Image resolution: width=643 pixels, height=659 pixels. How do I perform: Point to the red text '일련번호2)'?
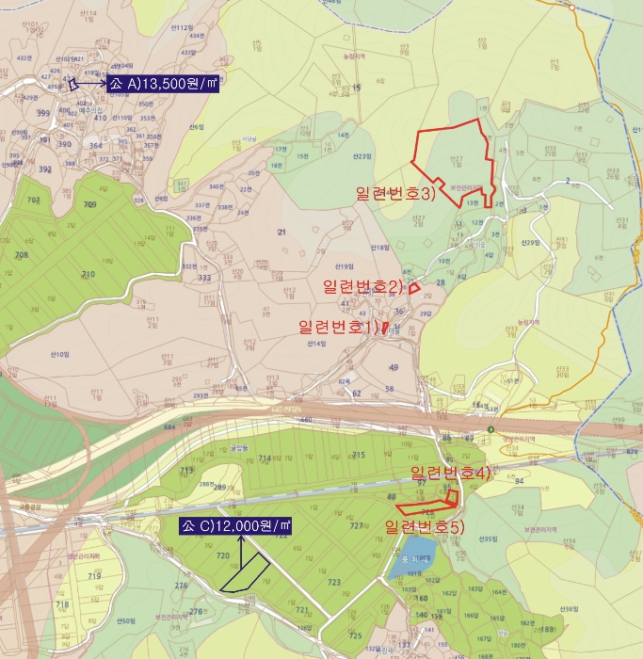[x=362, y=286]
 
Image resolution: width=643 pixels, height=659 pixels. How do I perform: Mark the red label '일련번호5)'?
[x=426, y=526]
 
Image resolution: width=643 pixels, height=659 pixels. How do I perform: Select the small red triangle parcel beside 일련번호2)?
[x=412, y=289]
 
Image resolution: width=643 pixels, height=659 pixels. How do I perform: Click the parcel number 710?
[x=88, y=274]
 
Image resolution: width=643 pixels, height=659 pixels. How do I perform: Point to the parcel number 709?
[x=90, y=204]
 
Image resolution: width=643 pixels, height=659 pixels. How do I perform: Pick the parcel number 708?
[x=22, y=255]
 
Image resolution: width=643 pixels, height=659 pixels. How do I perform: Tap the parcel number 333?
[x=203, y=278]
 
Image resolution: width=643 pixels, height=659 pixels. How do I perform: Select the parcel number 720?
[x=223, y=556]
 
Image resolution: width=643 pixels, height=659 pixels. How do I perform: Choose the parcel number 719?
[x=94, y=575]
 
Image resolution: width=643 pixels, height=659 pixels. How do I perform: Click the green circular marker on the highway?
[x=490, y=430]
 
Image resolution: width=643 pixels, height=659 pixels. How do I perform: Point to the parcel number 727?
[x=355, y=525]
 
